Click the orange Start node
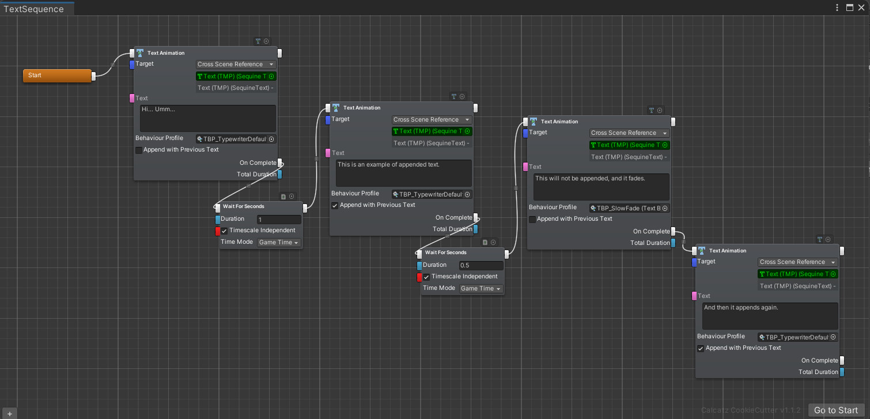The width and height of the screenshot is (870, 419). coord(56,76)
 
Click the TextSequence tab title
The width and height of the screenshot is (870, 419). coord(33,8)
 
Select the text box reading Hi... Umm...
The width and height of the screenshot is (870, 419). coord(208,118)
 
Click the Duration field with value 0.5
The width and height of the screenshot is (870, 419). coord(481,266)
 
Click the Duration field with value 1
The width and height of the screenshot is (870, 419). coord(279,220)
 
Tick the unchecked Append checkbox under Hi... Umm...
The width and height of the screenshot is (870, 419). coord(139,150)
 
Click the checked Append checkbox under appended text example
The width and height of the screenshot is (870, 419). coord(335,205)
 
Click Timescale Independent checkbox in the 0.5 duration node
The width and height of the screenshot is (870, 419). coord(426,277)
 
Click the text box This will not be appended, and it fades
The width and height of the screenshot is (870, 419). coord(601,187)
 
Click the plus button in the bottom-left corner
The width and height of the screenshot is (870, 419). coord(9,413)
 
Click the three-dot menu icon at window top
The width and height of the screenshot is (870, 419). coord(837,7)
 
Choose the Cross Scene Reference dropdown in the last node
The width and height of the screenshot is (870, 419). coord(797,262)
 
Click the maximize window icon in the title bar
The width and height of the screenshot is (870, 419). coord(849,7)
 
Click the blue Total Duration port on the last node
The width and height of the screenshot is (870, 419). coord(842,372)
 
